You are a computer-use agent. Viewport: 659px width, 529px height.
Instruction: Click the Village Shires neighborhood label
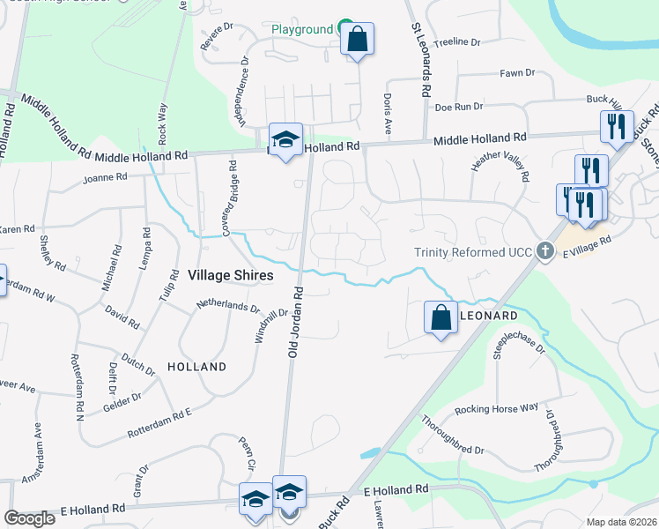[x=230, y=275]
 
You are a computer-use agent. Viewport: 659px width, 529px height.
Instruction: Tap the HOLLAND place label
[x=196, y=366]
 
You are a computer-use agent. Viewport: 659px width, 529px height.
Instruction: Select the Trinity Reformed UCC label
[x=474, y=252]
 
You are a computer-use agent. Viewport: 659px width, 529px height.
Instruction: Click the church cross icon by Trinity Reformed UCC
[x=545, y=252]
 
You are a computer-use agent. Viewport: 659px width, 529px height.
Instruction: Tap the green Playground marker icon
[x=345, y=29]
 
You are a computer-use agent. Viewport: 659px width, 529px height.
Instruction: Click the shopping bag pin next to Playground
[x=357, y=40]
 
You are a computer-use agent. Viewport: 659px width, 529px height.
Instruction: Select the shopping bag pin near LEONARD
[x=441, y=318]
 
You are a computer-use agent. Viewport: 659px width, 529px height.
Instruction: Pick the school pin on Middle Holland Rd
[x=285, y=140]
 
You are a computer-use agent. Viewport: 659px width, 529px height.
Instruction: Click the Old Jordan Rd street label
[x=297, y=322]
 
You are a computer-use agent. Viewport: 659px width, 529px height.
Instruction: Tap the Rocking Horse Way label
[x=496, y=409]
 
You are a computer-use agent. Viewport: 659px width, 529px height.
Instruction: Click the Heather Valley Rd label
[x=500, y=164]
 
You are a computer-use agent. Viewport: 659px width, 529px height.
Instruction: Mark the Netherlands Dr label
[x=228, y=309]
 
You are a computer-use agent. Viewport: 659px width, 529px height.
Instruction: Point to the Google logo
[x=30, y=518]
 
